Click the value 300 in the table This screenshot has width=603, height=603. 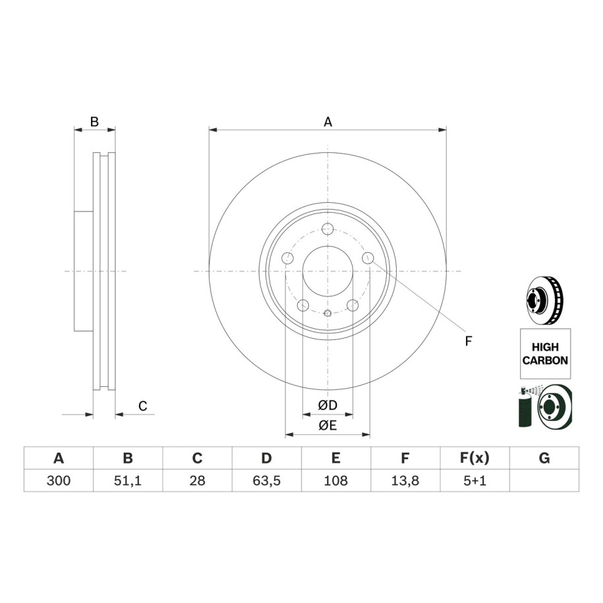(59, 480)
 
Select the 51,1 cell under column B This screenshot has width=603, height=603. (128, 480)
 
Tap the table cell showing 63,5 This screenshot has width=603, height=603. (266, 480)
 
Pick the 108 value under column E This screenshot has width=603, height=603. (335, 480)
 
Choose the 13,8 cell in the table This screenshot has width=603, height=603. (405, 480)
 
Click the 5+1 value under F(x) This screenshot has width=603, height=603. (475, 480)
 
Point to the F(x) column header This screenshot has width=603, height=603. (475, 458)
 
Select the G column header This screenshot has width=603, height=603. (544, 458)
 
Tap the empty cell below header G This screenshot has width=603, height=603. (544, 480)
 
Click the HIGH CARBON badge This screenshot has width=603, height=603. (545, 354)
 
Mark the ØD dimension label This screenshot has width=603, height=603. (328, 405)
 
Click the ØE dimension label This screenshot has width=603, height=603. (328, 425)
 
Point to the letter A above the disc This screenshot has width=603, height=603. (328, 122)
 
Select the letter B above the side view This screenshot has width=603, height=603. (94, 122)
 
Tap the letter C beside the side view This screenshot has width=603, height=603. (142, 406)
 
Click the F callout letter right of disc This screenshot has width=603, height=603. (468, 341)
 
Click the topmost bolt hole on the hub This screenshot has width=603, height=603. (328, 229)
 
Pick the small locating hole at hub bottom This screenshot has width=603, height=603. (328, 314)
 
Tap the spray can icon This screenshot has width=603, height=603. (525, 408)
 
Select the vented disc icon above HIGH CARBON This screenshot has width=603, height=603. (544, 300)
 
